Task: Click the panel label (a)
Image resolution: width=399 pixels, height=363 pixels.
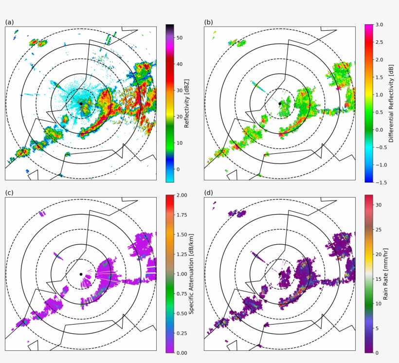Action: pyautogui.click(x=9, y=22)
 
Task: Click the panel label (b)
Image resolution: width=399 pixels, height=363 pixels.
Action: pyautogui.click(x=208, y=22)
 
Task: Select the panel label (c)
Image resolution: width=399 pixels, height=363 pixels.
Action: pyautogui.click(x=9, y=193)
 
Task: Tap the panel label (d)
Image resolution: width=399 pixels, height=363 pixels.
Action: pyautogui.click(x=208, y=193)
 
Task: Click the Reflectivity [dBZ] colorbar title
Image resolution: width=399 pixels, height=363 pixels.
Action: pyautogui.click(x=187, y=103)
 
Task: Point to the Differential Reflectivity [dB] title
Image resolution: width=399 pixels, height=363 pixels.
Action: pyautogui.click(x=391, y=103)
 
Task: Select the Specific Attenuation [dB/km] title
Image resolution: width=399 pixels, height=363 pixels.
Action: pyautogui.click(x=191, y=273)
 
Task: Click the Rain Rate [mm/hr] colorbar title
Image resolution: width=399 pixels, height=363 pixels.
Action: pyautogui.click(x=385, y=273)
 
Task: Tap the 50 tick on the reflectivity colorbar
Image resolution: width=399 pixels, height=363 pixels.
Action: pyautogui.click(x=180, y=37)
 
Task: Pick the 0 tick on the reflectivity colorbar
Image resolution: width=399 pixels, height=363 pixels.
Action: pyautogui.click(x=178, y=169)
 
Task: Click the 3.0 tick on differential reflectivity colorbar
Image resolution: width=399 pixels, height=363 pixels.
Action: pyautogui.click(x=380, y=24)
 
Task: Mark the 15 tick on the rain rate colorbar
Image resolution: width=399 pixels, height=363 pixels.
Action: pyautogui.click(x=378, y=278)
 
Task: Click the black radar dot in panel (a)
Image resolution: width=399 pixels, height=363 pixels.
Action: pyautogui.click(x=81, y=104)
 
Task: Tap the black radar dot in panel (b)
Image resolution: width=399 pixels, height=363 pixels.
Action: pyautogui.click(x=280, y=104)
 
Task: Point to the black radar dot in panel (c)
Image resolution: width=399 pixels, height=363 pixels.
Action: pyautogui.click(x=81, y=274)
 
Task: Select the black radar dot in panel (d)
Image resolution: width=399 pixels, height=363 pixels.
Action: pyautogui.click(x=280, y=274)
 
